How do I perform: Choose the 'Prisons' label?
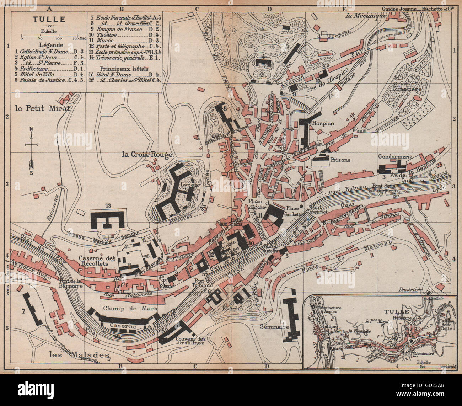pyautogui.click(x=340, y=160)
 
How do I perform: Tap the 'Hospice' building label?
pyautogui.click(x=323, y=123)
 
